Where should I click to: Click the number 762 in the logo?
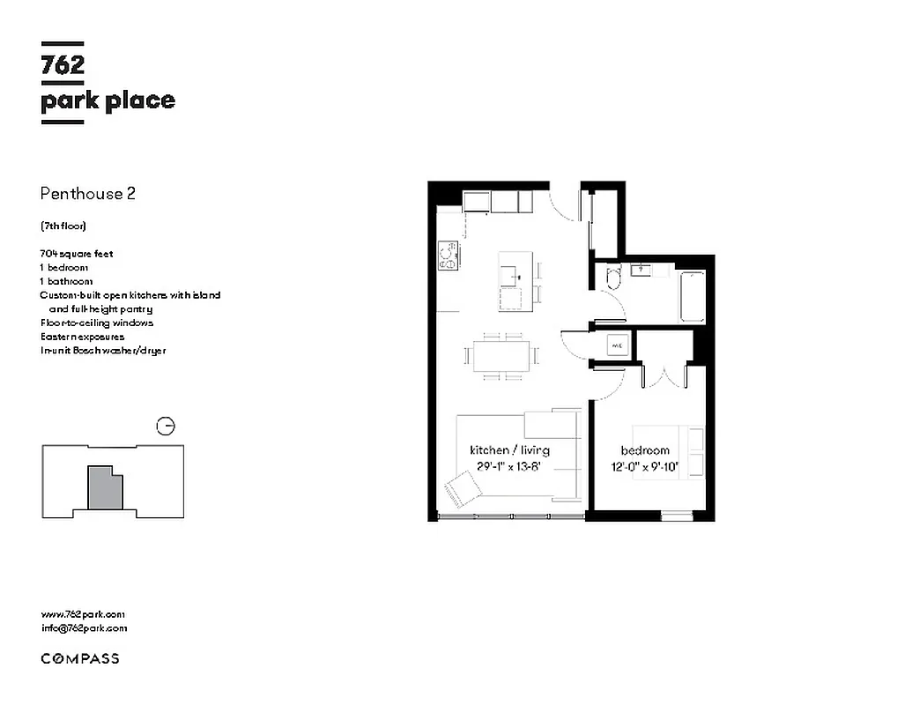(x=63, y=67)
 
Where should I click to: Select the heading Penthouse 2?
(x=88, y=194)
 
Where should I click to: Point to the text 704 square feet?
(x=77, y=254)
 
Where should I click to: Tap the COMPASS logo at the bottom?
(x=80, y=658)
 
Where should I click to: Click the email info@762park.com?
(x=84, y=628)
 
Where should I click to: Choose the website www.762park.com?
(x=83, y=614)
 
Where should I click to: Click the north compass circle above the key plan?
(x=165, y=427)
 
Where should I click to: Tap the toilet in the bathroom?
(x=614, y=279)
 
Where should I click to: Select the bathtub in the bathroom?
(x=693, y=297)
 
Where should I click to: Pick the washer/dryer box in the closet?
(x=618, y=346)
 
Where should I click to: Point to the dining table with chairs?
(x=502, y=356)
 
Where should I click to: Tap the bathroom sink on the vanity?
(x=641, y=269)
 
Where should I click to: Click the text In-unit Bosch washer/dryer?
(x=103, y=351)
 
